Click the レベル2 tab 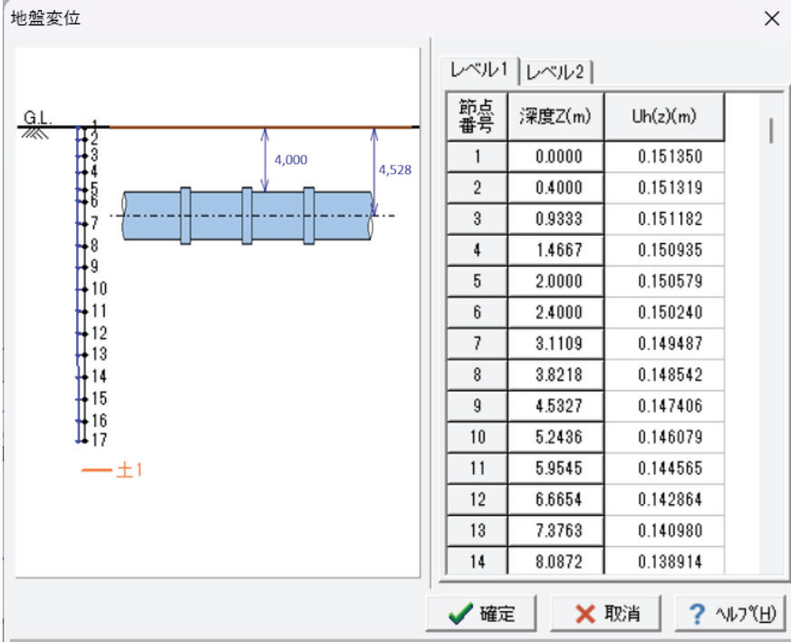[x=555, y=72]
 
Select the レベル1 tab [x=478, y=70]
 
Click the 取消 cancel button [x=605, y=614]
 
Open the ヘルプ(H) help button [x=730, y=614]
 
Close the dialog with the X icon [x=772, y=19]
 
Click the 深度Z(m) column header [x=555, y=117]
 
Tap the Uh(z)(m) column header [x=664, y=117]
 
